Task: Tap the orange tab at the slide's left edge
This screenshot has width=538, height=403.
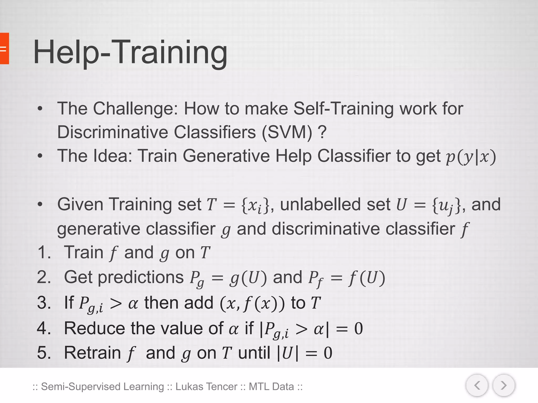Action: click(4, 49)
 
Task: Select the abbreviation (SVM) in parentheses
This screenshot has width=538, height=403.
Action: click(287, 132)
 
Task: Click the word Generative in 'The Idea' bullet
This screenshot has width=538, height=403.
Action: click(226, 156)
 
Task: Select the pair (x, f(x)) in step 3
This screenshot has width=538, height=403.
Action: click(252, 303)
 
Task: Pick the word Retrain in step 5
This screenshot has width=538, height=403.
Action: click(92, 353)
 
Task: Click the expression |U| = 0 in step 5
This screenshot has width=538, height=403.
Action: click(305, 353)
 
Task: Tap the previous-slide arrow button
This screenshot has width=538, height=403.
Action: click(477, 385)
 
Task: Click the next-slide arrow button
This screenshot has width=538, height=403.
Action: click(504, 385)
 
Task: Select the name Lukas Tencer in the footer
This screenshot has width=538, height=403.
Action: click(206, 387)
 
